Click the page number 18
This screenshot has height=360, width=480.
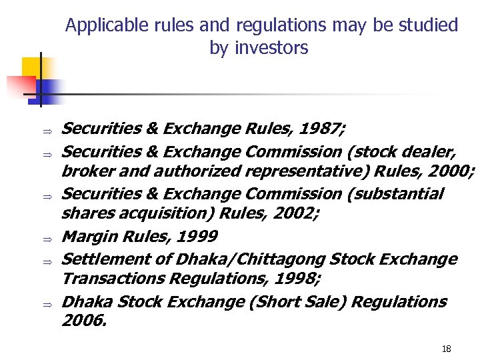(447, 349)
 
